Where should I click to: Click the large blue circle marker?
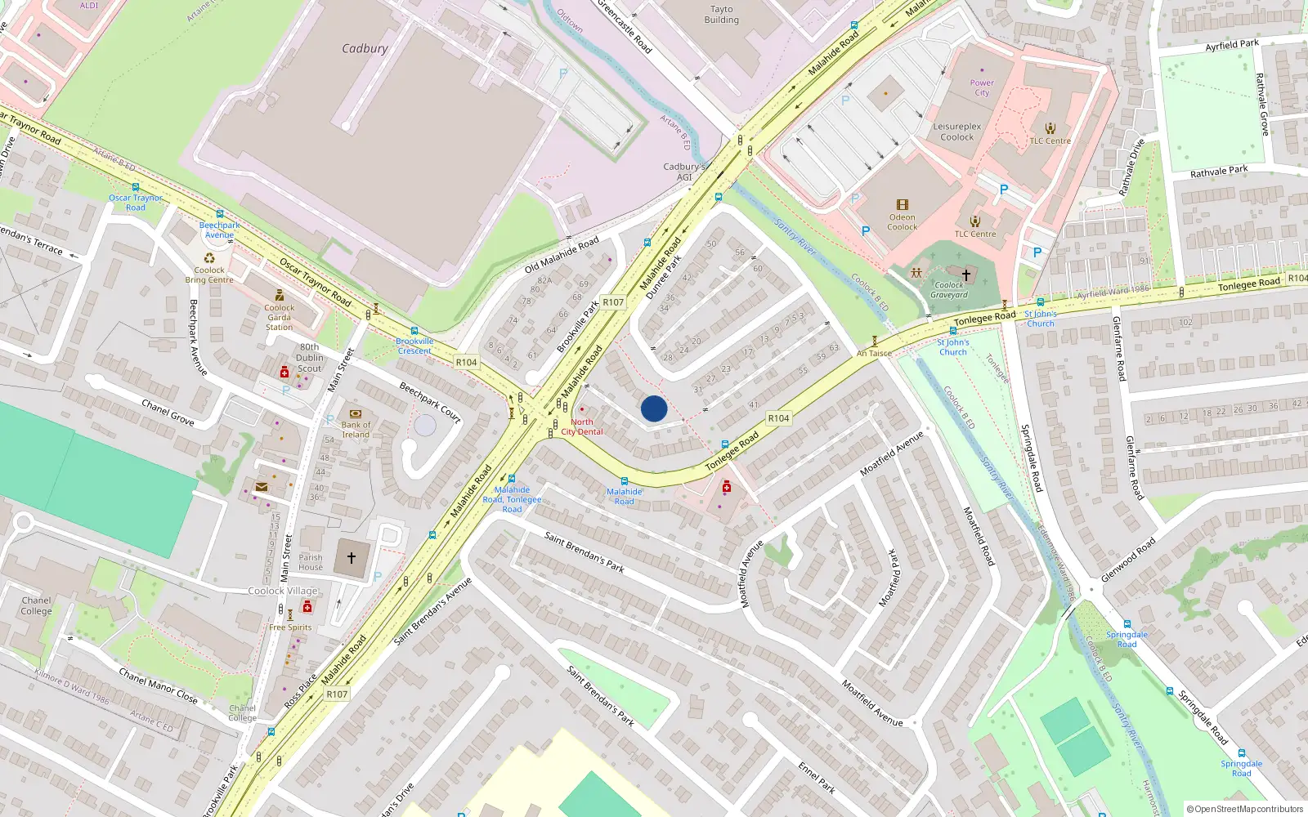pos(654,408)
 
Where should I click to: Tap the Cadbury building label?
pos(365,49)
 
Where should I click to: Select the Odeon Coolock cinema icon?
pos(903,205)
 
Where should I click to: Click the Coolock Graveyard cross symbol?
pos(966,275)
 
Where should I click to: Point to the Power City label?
pos(982,87)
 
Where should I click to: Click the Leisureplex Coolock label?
pos(957,132)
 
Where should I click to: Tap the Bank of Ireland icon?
pos(356,414)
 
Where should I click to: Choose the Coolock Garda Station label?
pos(279,318)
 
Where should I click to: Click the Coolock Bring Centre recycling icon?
pos(210,259)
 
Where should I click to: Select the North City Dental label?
pos(582,426)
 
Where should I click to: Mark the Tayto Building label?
pos(721,15)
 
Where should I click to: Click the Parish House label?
pos(311,562)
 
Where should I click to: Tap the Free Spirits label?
pos(290,627)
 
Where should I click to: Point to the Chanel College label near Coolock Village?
pos(36,605)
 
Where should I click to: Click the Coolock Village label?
pos(283,591)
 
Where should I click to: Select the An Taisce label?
pos(874,354)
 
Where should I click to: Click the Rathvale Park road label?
pos(1219,172)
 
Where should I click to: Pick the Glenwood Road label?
pos(1128,560)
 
